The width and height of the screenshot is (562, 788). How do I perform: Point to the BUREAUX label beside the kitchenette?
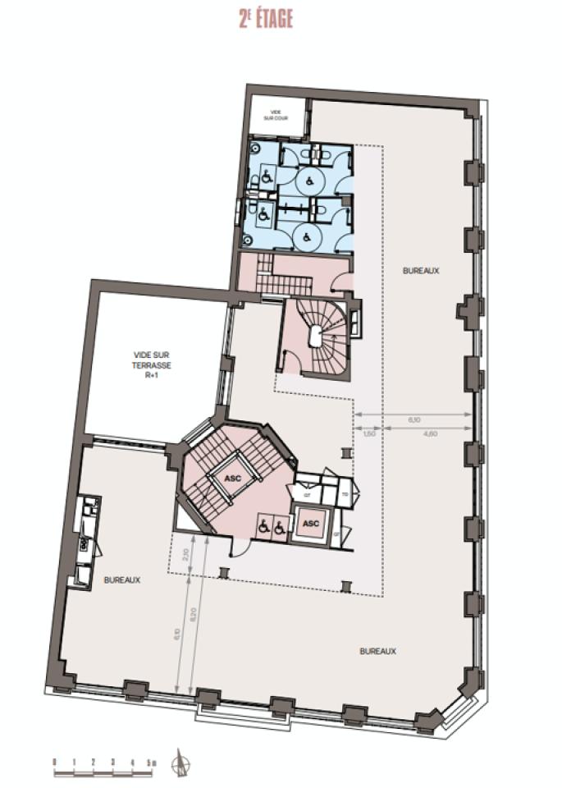pos(122,580)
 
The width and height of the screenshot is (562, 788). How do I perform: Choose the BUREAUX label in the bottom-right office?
pos(378,651)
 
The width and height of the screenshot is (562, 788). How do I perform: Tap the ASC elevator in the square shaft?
pos(311,523)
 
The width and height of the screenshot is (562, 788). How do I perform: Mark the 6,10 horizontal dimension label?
pos(414,419)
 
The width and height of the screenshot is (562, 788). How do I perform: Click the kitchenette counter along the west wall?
pos(86,542)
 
